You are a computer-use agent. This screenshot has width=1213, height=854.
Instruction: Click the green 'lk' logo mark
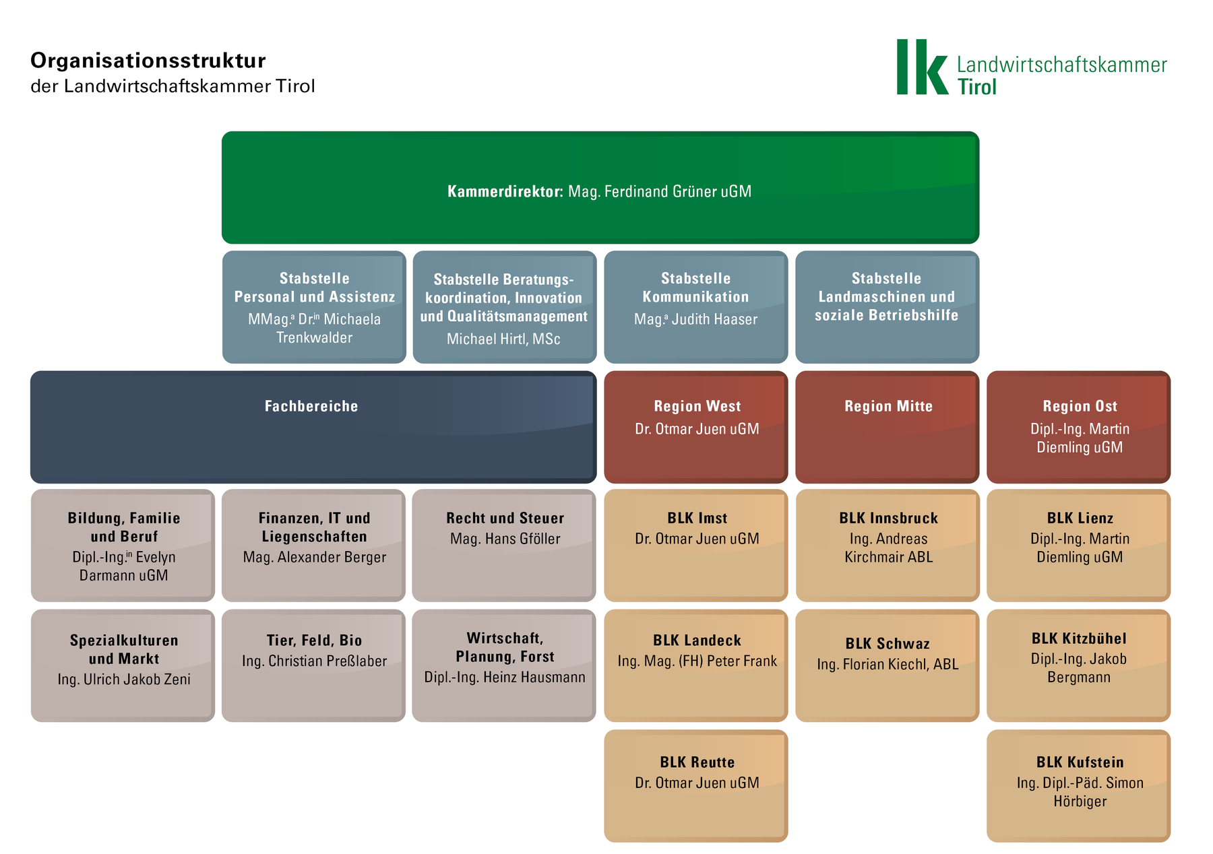pos(922,67)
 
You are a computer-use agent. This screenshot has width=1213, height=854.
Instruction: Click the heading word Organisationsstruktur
pos(148,61)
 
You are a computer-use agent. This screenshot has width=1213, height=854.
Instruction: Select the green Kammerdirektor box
pos(600,187)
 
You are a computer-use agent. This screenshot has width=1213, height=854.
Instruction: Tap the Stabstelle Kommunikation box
pos(696,307)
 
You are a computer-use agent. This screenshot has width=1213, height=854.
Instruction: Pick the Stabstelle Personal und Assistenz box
pos(314,307)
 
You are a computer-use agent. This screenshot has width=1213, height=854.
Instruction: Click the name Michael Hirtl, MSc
pos(503,339)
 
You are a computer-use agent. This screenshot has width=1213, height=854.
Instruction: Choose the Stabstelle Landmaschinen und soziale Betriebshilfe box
pos(887,307)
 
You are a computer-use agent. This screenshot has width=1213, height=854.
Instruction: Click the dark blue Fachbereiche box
pos(313,427)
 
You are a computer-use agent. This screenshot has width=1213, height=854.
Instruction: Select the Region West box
pos(696,427)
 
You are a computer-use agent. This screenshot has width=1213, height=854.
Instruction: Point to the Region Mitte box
pos(887,427)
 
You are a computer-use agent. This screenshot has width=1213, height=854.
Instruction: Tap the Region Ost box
pos(1078,427)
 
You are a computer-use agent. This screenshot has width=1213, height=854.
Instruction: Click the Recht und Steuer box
pos(504,546)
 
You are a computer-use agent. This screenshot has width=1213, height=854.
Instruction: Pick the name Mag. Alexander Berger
pos(315,557)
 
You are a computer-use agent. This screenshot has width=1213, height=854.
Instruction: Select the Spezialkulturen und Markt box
pos(123,665)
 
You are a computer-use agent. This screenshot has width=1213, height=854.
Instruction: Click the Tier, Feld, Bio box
pos(313,665)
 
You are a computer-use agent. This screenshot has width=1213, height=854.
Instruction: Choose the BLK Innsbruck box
pos(888,546)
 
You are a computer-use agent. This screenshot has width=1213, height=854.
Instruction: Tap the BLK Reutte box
pos(696,786)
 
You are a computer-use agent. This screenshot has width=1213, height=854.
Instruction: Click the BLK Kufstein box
pos(1078,786)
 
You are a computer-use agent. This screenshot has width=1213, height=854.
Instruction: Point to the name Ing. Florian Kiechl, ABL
pos(888,664)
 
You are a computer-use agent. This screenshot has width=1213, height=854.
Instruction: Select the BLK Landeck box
pos(696,665)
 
